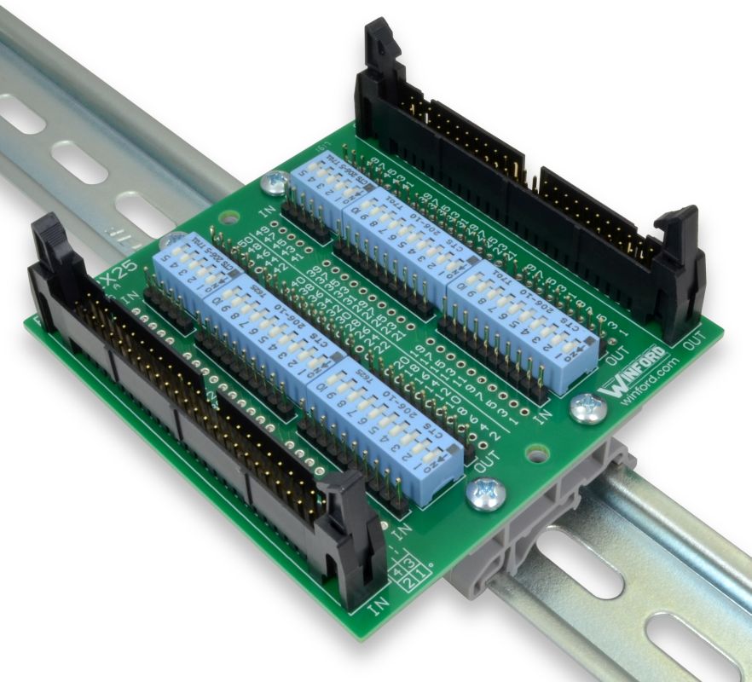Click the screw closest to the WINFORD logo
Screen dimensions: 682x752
point(588,409)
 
